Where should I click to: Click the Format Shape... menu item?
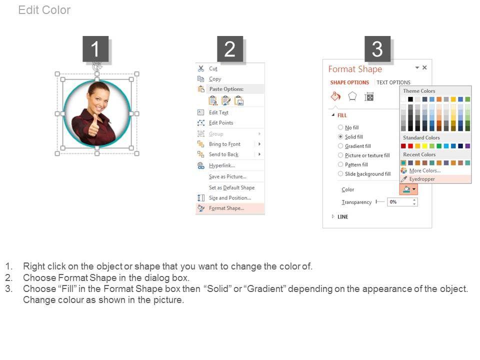226,208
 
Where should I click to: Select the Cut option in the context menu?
213,68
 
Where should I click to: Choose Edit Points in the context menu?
221,123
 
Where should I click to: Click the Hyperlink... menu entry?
222,165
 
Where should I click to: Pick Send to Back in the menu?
224,154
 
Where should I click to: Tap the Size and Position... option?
230,198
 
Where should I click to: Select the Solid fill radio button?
340,136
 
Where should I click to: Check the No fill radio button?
340,127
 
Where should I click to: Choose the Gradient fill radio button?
340,146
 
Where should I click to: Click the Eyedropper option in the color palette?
422,179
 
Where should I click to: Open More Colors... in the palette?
425,170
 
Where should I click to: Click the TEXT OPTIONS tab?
393,82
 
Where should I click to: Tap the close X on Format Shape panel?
424,67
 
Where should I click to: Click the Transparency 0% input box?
402,201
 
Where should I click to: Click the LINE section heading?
342,216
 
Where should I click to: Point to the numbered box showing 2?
230,49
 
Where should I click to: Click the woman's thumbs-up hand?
94,126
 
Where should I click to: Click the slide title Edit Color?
44,10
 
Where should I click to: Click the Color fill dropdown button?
408,189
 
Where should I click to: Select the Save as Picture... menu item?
227,176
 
